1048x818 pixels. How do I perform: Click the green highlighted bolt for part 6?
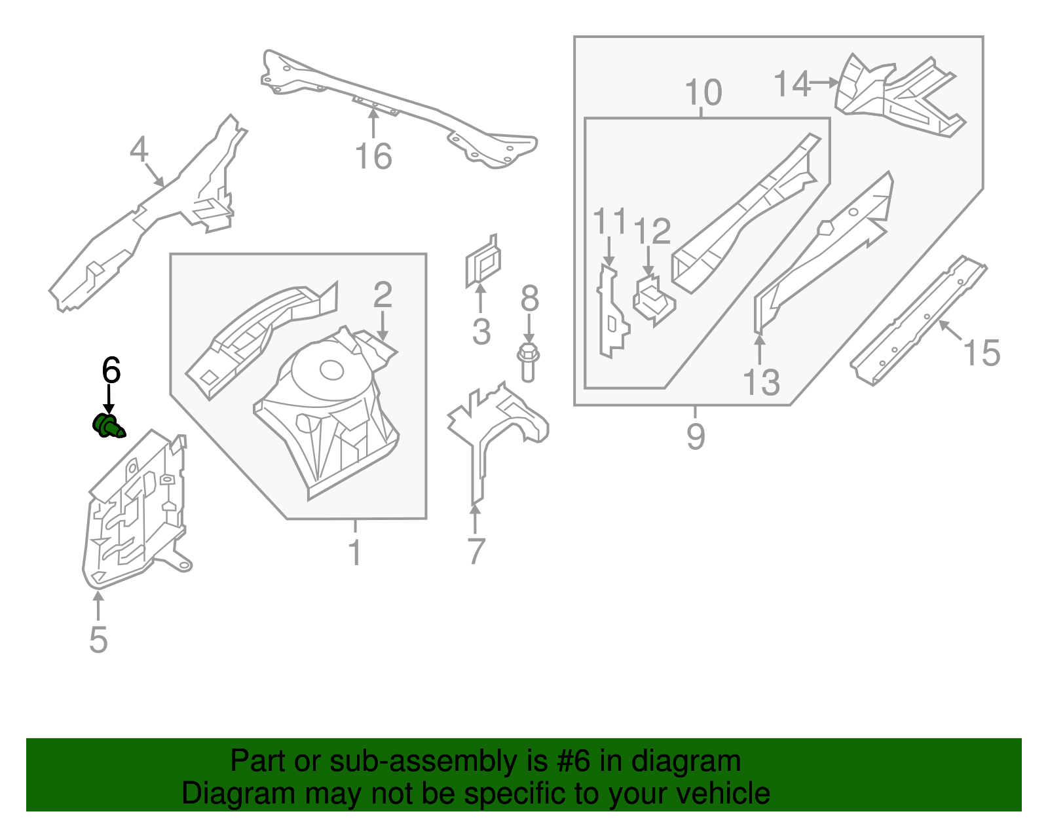(x=107, y=426)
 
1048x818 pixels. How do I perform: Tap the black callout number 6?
(x=111, y=371)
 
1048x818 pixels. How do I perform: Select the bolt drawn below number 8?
(x=527, y=363)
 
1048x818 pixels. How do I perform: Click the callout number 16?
(x=373, y=157)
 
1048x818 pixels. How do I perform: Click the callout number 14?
(x=791, y=84)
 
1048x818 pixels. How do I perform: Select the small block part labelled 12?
(x=653, y=299)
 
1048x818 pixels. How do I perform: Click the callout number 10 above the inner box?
(x=703, y=92)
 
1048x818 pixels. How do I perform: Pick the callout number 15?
(x=981, y=353)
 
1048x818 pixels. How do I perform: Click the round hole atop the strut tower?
(x=331, y=371)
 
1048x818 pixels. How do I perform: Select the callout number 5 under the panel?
(x=98, y=639)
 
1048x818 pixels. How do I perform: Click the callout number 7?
(x=476, y=551)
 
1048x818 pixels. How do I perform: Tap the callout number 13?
(x=761, y=382)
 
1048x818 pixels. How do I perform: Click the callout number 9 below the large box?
(x=696, y=436)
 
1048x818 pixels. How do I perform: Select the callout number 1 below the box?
(x=354, y=553)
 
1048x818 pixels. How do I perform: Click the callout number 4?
(x=139, y=149)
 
